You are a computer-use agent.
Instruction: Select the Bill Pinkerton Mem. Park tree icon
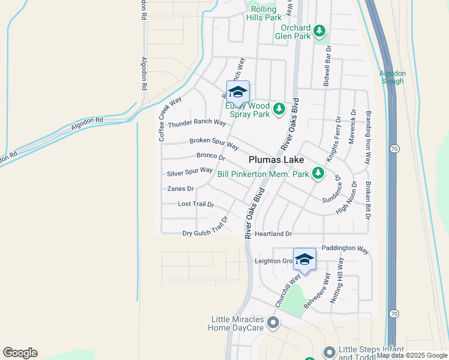coord(318,174)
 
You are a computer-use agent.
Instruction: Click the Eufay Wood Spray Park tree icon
coord(279,109)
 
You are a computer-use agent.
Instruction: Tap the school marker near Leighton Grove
coord(304,260)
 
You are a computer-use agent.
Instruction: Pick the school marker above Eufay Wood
coord(238,92)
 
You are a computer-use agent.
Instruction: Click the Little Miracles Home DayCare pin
coord(273,323)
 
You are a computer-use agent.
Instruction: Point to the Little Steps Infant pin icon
coord(329,352)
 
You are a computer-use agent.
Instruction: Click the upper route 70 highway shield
coord(394,148)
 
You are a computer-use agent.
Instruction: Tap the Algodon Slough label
coord(393,77)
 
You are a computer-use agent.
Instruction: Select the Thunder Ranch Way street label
coord(197,123)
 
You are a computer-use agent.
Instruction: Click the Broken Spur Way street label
coord(214,144)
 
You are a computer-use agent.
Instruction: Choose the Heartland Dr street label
coord(273,233)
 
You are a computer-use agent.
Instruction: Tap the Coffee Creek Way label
coord(170,119)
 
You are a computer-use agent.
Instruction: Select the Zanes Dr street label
coord(180,188)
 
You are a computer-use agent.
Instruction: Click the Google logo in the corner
coord(20,353)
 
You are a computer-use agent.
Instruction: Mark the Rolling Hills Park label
coord(264,13)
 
